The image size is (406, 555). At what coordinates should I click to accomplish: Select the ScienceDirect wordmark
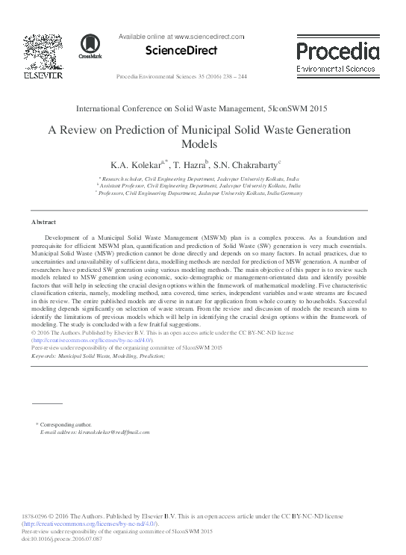tap(181, 51)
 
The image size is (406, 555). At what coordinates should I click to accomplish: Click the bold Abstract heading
tap(44, 223)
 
